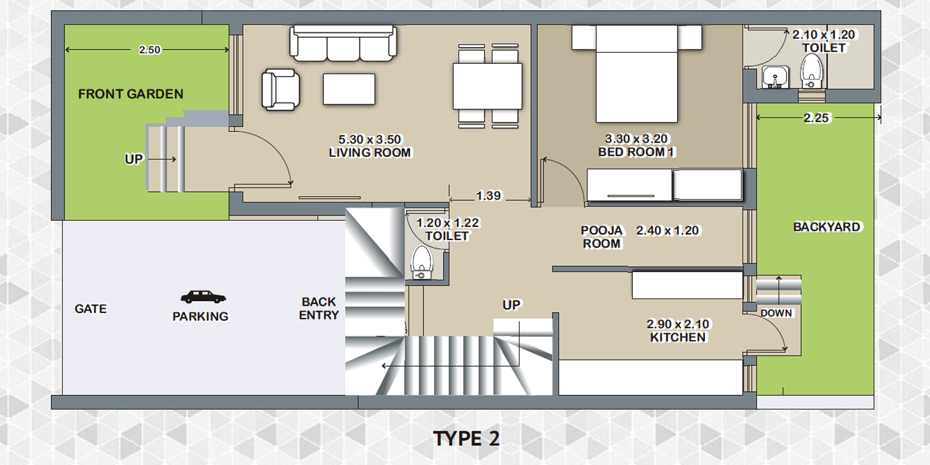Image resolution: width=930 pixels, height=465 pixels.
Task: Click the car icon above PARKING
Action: (x=203, y=296)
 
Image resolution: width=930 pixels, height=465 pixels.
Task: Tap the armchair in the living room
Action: (x=280, y=90)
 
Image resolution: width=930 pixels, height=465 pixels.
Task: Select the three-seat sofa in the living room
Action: (x=343, y=44)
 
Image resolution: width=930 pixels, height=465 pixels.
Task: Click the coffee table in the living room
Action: (x=349, y=89)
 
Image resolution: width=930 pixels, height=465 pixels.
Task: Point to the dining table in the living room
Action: (x=487, y=86)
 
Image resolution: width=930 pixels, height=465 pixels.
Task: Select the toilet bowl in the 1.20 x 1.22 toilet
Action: (x=420, y=262)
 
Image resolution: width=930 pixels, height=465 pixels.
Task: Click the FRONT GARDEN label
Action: (x=131, y=94)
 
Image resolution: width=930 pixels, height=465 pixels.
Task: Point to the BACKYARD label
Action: (x=827, y=227)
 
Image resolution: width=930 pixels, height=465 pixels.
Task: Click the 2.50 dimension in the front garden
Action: (x=150, y=50)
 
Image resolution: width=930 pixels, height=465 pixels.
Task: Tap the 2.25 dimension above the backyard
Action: (x=817, y=118)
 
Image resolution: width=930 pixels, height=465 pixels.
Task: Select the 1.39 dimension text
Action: (x=488, y=196)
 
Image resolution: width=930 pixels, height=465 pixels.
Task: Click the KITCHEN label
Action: (x=678, y=338)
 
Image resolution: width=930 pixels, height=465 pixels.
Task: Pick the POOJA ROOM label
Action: (x=602, y=237)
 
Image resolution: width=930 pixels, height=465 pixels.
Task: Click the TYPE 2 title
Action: (x=466, y=439)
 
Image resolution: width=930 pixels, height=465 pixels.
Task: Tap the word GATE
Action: (x=91, y=309)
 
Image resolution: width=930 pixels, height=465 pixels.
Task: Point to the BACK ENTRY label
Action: (x=319, y=309)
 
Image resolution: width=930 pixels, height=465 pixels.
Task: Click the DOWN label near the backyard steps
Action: (x=776, y=313)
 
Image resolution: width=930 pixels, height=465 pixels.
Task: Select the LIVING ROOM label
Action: (x=370, y=153)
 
